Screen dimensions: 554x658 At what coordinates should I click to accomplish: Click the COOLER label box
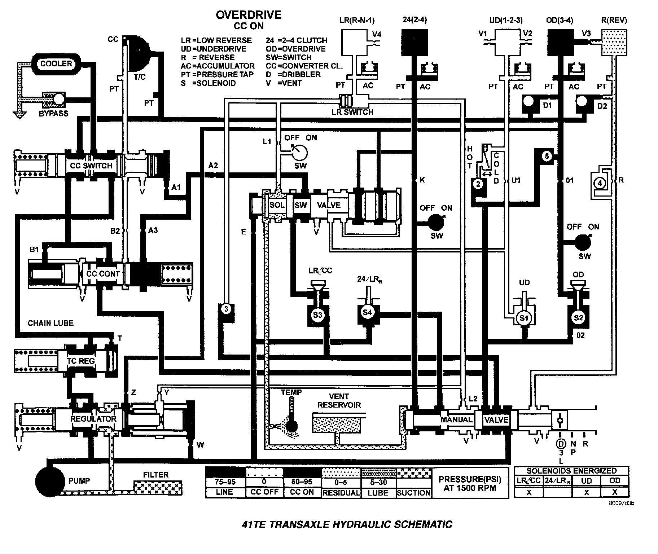56,64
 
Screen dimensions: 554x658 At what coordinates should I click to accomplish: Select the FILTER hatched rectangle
158,487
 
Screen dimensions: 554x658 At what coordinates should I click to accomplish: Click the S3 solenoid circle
317,315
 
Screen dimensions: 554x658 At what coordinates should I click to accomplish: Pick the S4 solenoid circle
367,312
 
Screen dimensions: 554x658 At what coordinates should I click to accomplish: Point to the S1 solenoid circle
523,318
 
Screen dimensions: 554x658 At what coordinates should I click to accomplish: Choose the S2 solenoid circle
578,317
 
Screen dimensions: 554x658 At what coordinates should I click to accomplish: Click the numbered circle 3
226,309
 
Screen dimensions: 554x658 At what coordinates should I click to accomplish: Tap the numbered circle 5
547,156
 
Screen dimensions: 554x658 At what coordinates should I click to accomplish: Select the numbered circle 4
600,184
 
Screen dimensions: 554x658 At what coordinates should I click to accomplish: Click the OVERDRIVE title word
249,15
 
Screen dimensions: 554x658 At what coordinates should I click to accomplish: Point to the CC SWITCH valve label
91,166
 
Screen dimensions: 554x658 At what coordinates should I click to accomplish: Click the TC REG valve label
81,361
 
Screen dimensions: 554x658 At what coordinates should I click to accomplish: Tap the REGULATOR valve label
93,419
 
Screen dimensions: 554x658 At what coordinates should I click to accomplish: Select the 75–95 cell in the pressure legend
225,482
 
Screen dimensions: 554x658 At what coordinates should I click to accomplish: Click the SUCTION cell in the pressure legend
414,493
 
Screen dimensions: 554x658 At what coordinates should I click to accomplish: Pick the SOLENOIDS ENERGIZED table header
571,471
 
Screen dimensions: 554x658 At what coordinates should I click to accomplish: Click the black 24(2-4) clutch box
414,42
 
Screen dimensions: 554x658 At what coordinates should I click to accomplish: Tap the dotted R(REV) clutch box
614,42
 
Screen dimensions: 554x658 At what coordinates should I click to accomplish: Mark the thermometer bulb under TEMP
291,427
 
